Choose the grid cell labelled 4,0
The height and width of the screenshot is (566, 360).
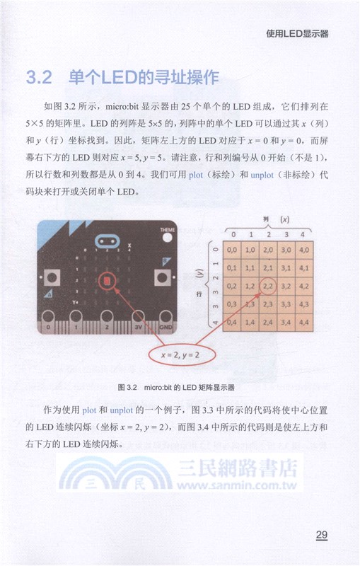click(306, 250)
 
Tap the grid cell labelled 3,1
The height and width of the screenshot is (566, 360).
click(287, 268)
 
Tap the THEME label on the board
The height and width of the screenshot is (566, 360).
click(168, 231)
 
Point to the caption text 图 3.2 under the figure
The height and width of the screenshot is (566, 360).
click(127, 388)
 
